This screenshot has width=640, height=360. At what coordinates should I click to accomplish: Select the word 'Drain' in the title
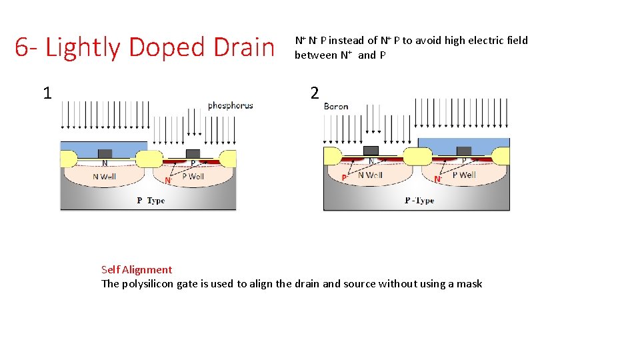pyautogui.click(x=245, y=48)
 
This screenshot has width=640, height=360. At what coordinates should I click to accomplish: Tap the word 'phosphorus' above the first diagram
pyautogui.click(x=230, y=105)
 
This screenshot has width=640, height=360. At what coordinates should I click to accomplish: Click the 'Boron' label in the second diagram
pyautogui.click(x=336, y=106)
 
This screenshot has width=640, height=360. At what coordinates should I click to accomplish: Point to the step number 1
pyautogui.click(x=47, y=93)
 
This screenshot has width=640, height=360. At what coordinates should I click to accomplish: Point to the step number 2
pyautogui.click(x=315, y=93)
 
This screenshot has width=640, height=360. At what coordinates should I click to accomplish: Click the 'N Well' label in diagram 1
pyautogui.click(x=104, y=177)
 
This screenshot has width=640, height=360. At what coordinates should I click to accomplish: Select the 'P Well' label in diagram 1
pyautogui.click(x=193, y=177)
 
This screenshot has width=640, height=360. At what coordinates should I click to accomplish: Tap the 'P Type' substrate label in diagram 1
pyautogui.click(x=151, y=201)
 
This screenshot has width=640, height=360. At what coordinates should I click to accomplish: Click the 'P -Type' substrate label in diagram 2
pyautogui.click(x=419, y=201)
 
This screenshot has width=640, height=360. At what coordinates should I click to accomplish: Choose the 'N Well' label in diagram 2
pyautogui.click(x=370, y=175)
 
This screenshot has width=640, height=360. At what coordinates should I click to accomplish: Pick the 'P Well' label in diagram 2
pyautogui.click(x=464, y=175)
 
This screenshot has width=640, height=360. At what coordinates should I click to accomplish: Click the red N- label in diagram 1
pyautogui.click(x=167, y=181)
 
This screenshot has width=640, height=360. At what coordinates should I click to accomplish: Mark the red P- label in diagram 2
pyautogui.click(x=344, y=178)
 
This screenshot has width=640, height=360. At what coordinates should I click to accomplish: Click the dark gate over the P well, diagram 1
pyautogui.click(x=193, y=154)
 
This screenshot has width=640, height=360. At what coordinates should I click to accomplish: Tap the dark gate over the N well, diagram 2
pyautogui.click(x=371, y=150)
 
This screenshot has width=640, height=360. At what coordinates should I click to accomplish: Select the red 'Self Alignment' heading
pyautogui.click(x=136, y=270)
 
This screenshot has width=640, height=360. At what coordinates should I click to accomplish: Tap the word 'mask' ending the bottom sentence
pyautogui.click(x=469, y=284)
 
